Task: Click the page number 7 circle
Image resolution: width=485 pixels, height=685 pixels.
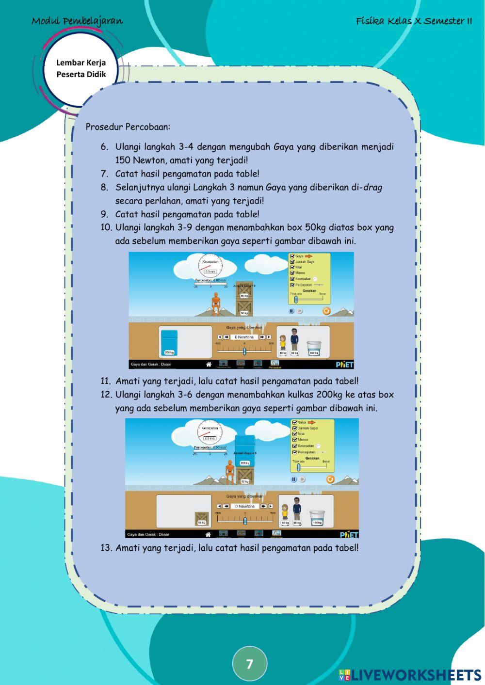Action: pos(249,664)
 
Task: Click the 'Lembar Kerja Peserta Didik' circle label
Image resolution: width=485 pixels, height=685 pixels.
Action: pos(81,68)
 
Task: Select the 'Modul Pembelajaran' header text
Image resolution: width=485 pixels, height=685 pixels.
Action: pos(77,21)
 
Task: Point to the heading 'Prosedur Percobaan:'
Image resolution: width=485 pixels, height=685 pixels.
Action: pos(128,127)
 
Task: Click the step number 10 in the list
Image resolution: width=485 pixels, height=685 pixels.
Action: pos(106,227)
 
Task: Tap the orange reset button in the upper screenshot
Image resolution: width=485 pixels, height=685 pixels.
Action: pos(326,311)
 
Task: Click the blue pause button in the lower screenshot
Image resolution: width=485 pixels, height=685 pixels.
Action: pos(293,479)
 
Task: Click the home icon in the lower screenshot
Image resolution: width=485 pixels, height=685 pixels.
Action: pos(208,534)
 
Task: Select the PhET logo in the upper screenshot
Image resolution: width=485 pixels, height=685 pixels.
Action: pos(344,365)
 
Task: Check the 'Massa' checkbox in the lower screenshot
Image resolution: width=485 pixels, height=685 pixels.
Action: pos(294,440)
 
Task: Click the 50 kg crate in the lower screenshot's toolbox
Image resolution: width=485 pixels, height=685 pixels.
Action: pos(202,519)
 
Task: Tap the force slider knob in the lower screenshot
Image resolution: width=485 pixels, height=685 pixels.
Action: pos(245,521)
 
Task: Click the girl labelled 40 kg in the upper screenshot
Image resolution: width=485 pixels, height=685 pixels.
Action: pos(283,342)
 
